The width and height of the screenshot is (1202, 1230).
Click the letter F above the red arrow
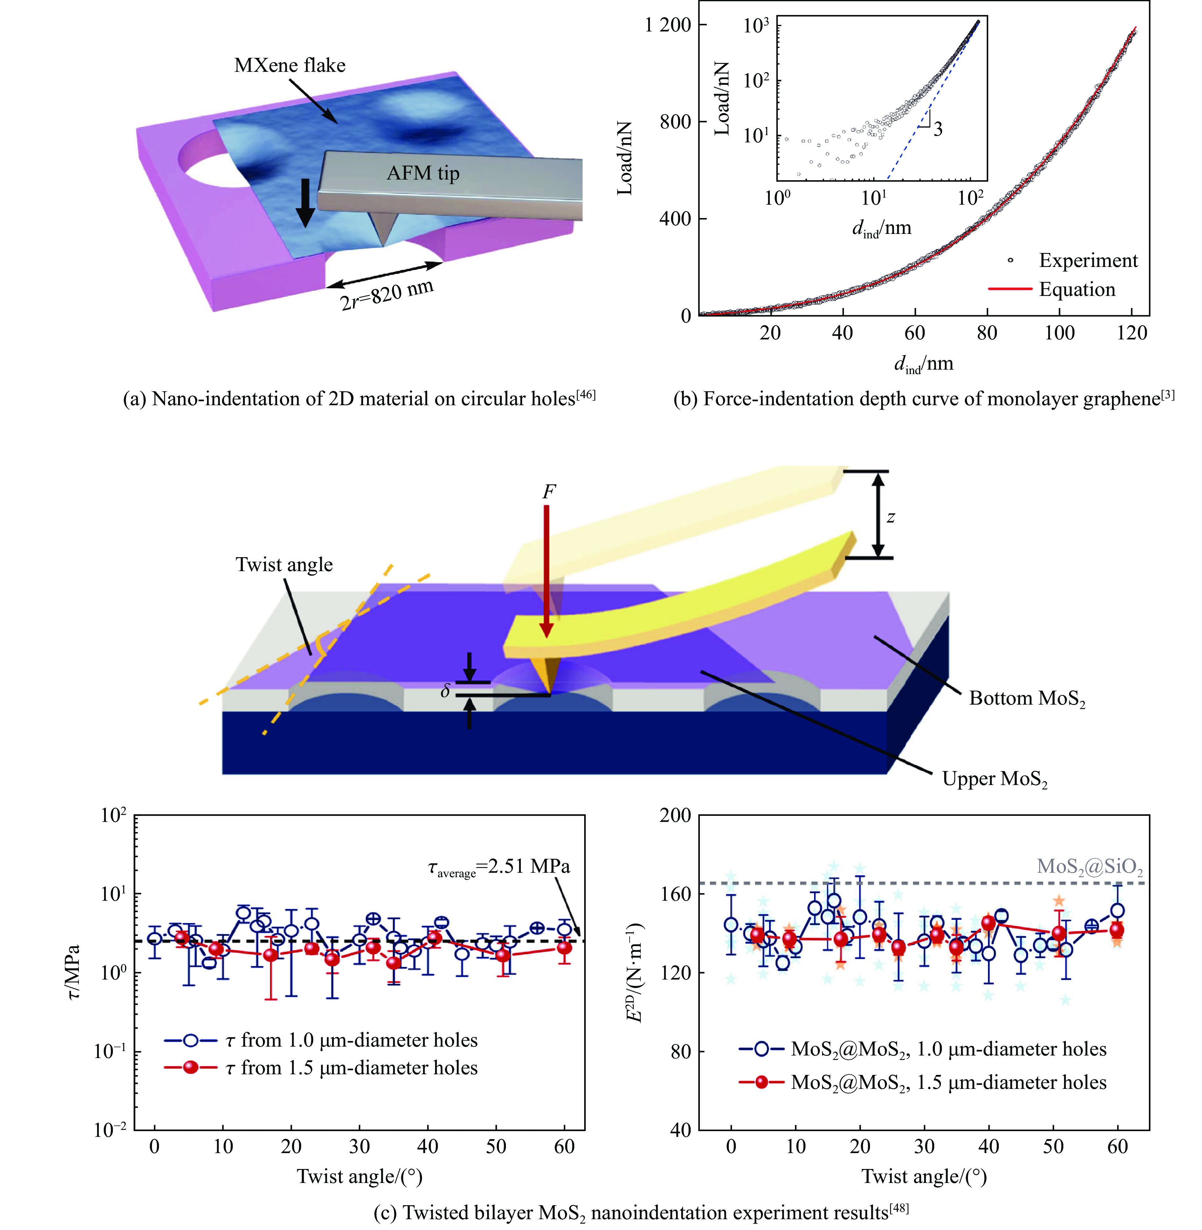[549, 491]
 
